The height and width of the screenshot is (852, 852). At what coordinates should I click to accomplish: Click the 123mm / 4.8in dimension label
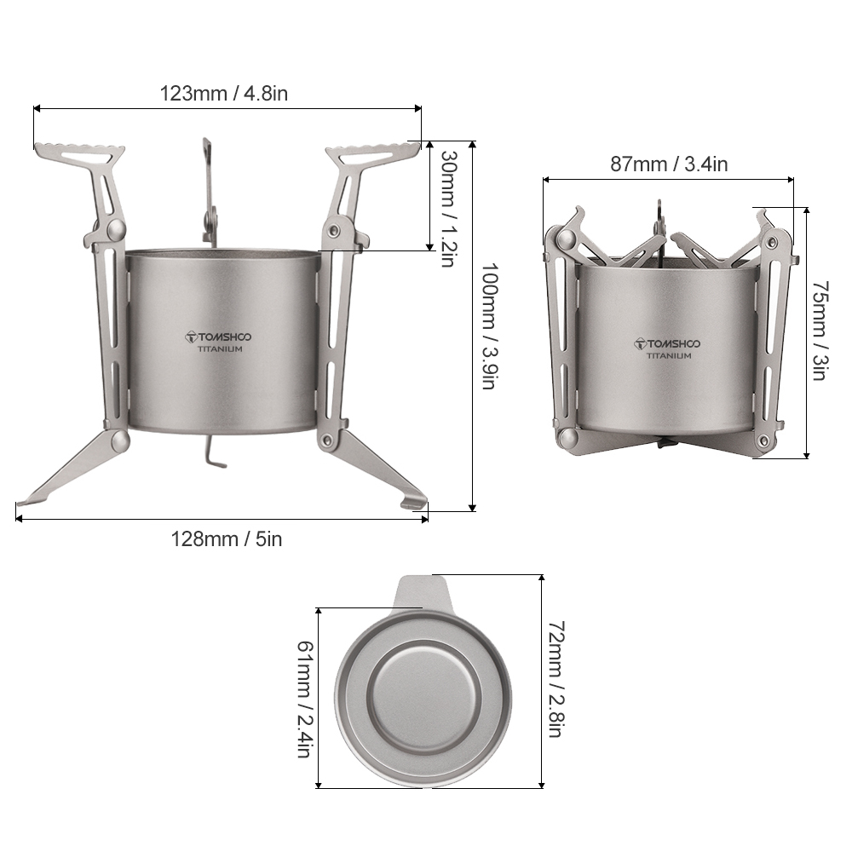(224, 93)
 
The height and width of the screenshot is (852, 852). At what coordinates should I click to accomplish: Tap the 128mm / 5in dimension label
(226, 538)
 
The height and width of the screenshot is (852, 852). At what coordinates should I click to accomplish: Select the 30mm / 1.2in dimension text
(447, 208)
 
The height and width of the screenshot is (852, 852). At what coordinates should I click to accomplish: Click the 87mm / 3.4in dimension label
(669, 164)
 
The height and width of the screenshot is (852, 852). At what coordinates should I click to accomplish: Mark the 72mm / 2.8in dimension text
(556, 679)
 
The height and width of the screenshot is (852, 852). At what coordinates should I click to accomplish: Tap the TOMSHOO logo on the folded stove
(668, 343)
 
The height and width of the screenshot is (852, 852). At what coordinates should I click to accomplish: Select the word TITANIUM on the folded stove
(669, 356)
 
